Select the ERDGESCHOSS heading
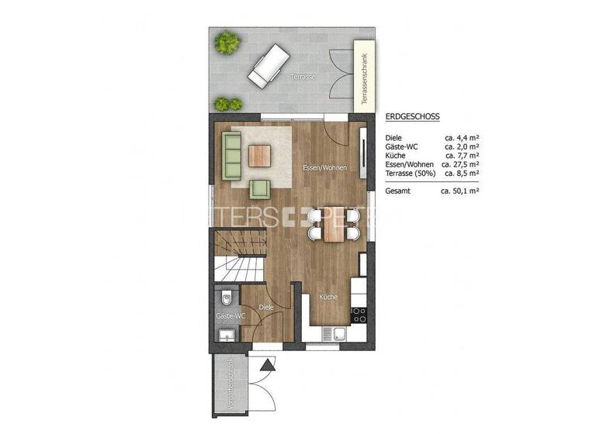[412, 117]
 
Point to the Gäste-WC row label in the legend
[401, 146]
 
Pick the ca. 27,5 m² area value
[459, 164]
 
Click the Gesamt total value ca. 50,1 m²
[459, 189]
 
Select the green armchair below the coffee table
[260, 188]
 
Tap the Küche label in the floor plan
[327, 297]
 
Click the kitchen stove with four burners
[359, 314]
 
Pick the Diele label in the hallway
[266, 308]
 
